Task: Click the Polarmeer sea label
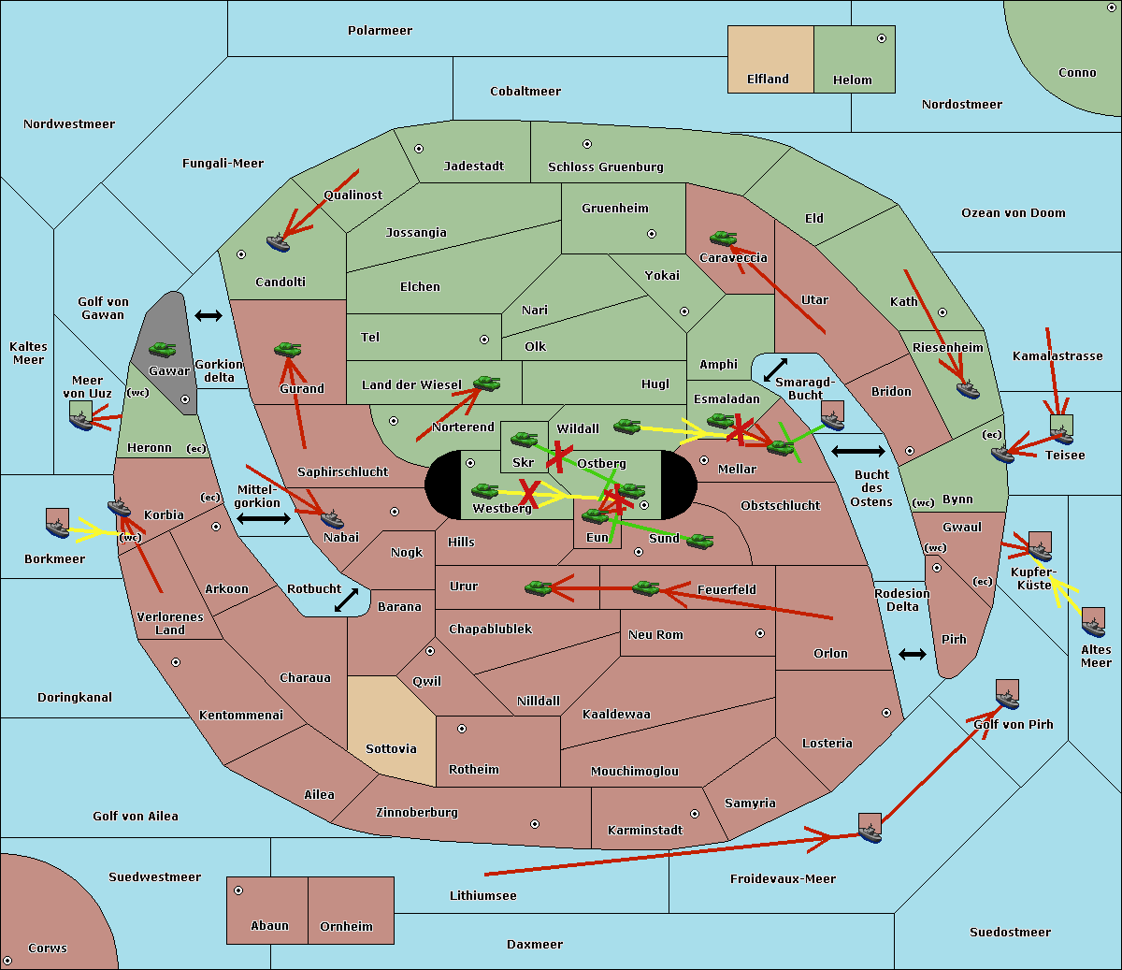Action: point(380,31)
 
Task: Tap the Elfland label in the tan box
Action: point(768,80)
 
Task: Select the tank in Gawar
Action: point(162,350)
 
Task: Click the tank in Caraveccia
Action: point(723,238)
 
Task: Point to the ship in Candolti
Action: point(278,243)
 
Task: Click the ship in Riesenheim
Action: point(968,389)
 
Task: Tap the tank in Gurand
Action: point(287,349)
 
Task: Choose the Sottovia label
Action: point(391,749)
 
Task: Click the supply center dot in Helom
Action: point(882,38)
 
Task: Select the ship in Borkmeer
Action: point(58,528)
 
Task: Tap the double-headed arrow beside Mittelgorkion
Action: point(264,518)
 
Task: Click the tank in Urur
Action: point(538,587)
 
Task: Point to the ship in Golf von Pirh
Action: point(1008,699)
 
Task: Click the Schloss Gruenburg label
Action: point(606,167)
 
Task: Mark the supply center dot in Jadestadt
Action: point(419,149)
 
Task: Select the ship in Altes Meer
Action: point(1093,627)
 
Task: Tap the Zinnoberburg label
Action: point(417,813)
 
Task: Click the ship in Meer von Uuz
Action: point(81,420)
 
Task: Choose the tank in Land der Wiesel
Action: point(486,384)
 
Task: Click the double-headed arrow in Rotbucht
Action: point(346,600)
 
